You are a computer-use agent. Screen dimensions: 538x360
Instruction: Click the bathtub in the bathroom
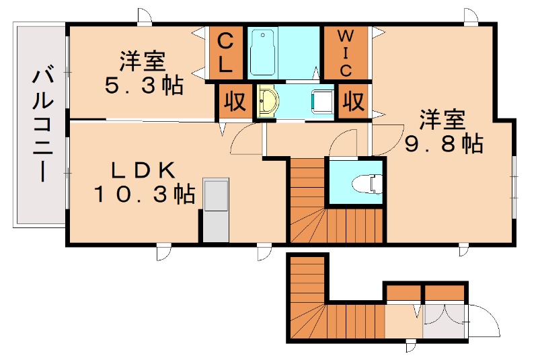point(263,52)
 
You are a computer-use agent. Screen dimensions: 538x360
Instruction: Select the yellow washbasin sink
point(268,101)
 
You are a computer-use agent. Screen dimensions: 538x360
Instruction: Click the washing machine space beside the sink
point(322,101)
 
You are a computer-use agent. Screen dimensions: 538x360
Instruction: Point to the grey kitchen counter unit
point(216,210)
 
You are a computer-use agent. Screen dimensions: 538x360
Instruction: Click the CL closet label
point(225,53)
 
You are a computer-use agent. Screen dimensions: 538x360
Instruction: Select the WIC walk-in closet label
point(346,53)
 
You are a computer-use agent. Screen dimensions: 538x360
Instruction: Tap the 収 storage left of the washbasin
point(235,101)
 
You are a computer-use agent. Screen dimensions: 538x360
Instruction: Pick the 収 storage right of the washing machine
point(354,101)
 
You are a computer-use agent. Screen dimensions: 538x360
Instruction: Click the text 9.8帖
point(444,143)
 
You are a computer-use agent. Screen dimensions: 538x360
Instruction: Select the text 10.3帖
point(144,194)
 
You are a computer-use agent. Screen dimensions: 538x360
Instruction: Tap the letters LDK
point(143,170)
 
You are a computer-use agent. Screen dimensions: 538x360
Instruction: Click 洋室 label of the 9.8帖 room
point(443,119)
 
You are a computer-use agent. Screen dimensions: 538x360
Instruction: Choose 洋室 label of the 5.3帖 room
point(143,61)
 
